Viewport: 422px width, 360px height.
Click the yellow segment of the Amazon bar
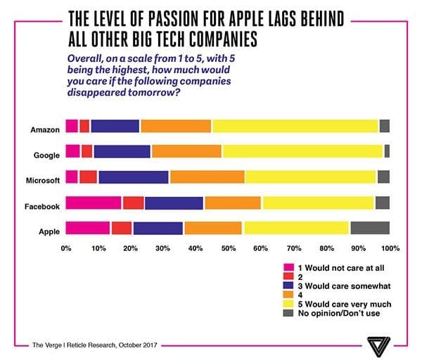(295, 126)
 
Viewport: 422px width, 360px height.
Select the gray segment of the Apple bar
(369, 228)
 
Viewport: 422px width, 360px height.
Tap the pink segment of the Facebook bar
(94, 202)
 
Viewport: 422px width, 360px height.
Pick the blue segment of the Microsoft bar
(134, 176)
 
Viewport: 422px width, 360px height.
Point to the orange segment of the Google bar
(186, 151)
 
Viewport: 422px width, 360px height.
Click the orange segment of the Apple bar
(213, 228)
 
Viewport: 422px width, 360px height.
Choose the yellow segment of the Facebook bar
(318, 202)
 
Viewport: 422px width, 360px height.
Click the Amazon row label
(44, 130)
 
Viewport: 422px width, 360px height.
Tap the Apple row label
(49, 231)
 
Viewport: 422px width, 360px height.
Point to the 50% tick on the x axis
(228, 248)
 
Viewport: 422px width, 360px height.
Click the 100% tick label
(390, 248)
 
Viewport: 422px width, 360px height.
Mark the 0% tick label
(67, 248)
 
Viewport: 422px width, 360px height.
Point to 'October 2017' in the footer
(134, 345)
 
